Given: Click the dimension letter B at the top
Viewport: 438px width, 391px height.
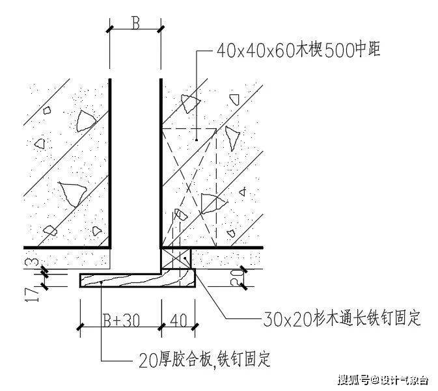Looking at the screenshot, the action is (x=135, y=23).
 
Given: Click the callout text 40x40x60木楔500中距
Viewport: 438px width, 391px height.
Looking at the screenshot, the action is (x=298, y=50).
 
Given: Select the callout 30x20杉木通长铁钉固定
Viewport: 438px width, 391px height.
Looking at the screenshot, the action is (x=342, y=318).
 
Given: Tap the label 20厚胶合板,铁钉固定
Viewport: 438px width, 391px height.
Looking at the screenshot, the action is (x=205, y=358).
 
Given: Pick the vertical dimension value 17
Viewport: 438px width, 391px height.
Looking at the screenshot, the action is (x=33, y=294).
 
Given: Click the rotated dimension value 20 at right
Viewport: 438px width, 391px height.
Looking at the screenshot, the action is (x=236, y=278).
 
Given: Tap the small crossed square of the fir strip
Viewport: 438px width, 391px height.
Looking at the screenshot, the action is (x=176, y=258).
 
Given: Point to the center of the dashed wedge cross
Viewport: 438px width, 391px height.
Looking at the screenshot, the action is (x=189, y=187).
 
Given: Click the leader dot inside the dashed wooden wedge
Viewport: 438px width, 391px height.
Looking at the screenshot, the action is (x=197, y=140).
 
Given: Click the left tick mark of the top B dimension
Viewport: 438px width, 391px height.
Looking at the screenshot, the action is (x=110, y=29).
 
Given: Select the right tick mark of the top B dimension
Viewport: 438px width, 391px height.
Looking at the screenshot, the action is (x=161, y=29).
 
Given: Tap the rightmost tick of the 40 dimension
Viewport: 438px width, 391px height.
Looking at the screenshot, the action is (x=195, y=327).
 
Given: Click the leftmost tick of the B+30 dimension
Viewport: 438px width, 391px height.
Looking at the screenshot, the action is (x=81, y=327).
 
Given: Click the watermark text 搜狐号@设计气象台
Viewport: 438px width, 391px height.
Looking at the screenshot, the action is (x=383, y=380).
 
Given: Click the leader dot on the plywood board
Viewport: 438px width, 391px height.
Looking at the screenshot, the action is (x=102, y=282).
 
